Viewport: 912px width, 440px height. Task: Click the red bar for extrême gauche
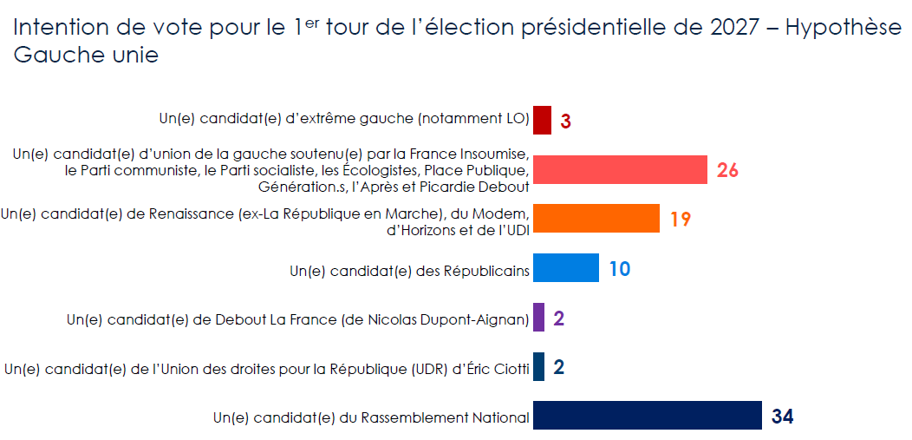pos(542,120)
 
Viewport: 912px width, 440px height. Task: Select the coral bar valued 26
pos(620,169)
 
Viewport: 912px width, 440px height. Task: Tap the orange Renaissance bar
pos(596,219)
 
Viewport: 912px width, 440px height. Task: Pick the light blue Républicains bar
pos(565,268)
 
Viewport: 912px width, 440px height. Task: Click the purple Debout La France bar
pos(538,318)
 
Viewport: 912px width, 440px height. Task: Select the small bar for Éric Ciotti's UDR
pos(538,367)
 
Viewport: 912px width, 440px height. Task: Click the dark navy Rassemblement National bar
pos(647,417)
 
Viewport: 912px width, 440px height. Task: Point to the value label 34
pos(782,417)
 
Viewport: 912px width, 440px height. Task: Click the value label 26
pos(727,170)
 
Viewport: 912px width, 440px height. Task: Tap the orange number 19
pos(680,220)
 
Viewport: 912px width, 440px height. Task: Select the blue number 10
pos(619,269)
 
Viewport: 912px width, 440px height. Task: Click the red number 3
pos(565,121)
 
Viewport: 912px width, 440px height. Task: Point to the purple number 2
pos(558,319)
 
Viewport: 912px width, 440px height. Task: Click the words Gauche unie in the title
pos(86,56)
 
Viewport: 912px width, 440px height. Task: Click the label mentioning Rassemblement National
pos(370,418)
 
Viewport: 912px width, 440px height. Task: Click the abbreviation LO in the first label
pos(514,118)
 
